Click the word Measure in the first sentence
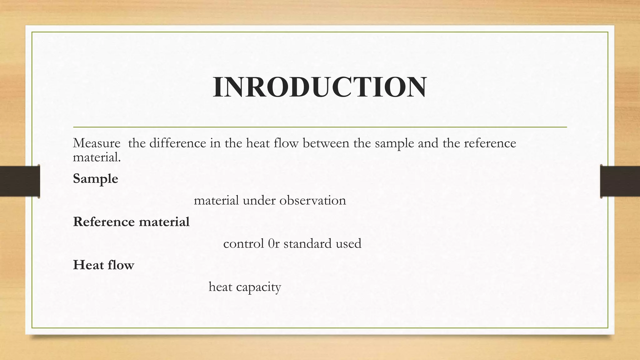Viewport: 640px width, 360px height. click(x=97, y=143)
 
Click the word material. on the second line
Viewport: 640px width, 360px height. click(x=97, y=157)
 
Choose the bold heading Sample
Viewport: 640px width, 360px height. click(x=95, y=179)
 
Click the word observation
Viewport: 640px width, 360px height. click(x=312, y=201)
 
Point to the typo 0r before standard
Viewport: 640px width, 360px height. click(x=274, y=244)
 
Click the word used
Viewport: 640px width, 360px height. click(x=348, y=244)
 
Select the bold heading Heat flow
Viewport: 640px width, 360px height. click(x=103, y=265)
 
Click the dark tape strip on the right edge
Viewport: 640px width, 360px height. click(x=620, y=181)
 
